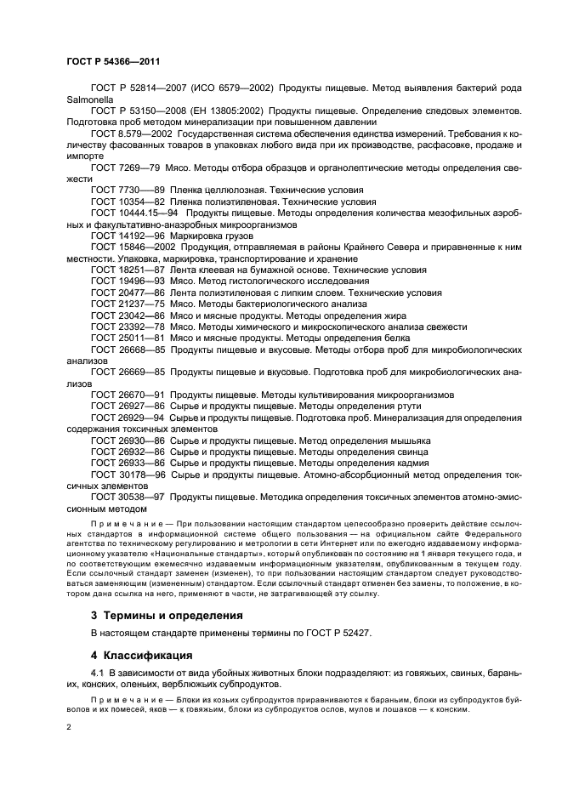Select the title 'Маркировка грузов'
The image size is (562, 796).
point(209,236)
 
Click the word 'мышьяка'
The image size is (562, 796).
point(411,441)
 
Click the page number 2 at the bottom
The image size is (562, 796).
point(69,729)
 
